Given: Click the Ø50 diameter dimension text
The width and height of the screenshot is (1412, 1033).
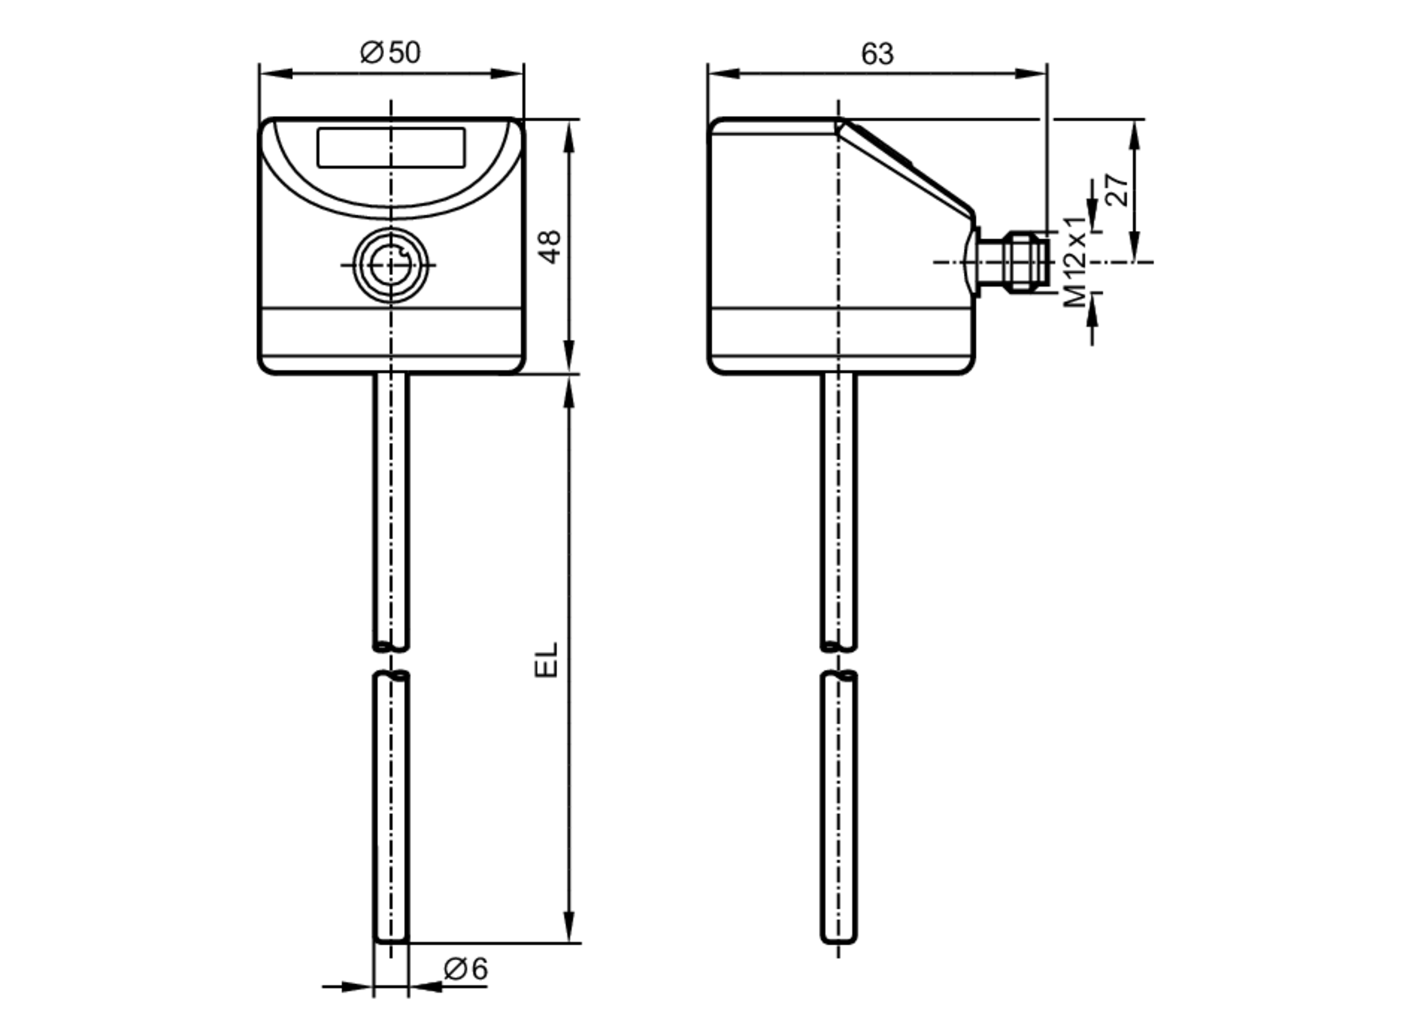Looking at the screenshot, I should pyautogui.click(x=390, y=53).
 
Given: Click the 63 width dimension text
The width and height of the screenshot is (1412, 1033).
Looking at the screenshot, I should pyautogui.click(x=877, y=54).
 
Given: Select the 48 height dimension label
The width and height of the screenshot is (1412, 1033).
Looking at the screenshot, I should pyautogui.click(x=551, y=246).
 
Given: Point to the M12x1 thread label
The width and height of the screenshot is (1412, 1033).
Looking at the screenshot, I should pyautogui.click(x=1076, y=261).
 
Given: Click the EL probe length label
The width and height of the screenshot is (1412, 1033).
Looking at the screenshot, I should pyautogui.click(x=546, y=659).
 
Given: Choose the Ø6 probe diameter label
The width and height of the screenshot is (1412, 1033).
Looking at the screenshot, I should pyautogui.click(x=466, y=969).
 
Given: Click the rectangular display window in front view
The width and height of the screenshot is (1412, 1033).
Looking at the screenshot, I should pyautogui.click(x=391, y=148).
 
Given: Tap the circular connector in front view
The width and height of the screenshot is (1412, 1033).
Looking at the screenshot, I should pyautogui.click(x=390, y=265).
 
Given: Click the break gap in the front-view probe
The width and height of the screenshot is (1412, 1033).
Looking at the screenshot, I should pyautogui.click(x=391, y=660).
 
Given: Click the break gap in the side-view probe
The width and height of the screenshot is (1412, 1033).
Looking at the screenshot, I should pyautogui.click(x=839, y=660).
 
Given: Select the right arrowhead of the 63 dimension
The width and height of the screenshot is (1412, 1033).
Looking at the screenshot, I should pyautogui.click(x=1032, y=73).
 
